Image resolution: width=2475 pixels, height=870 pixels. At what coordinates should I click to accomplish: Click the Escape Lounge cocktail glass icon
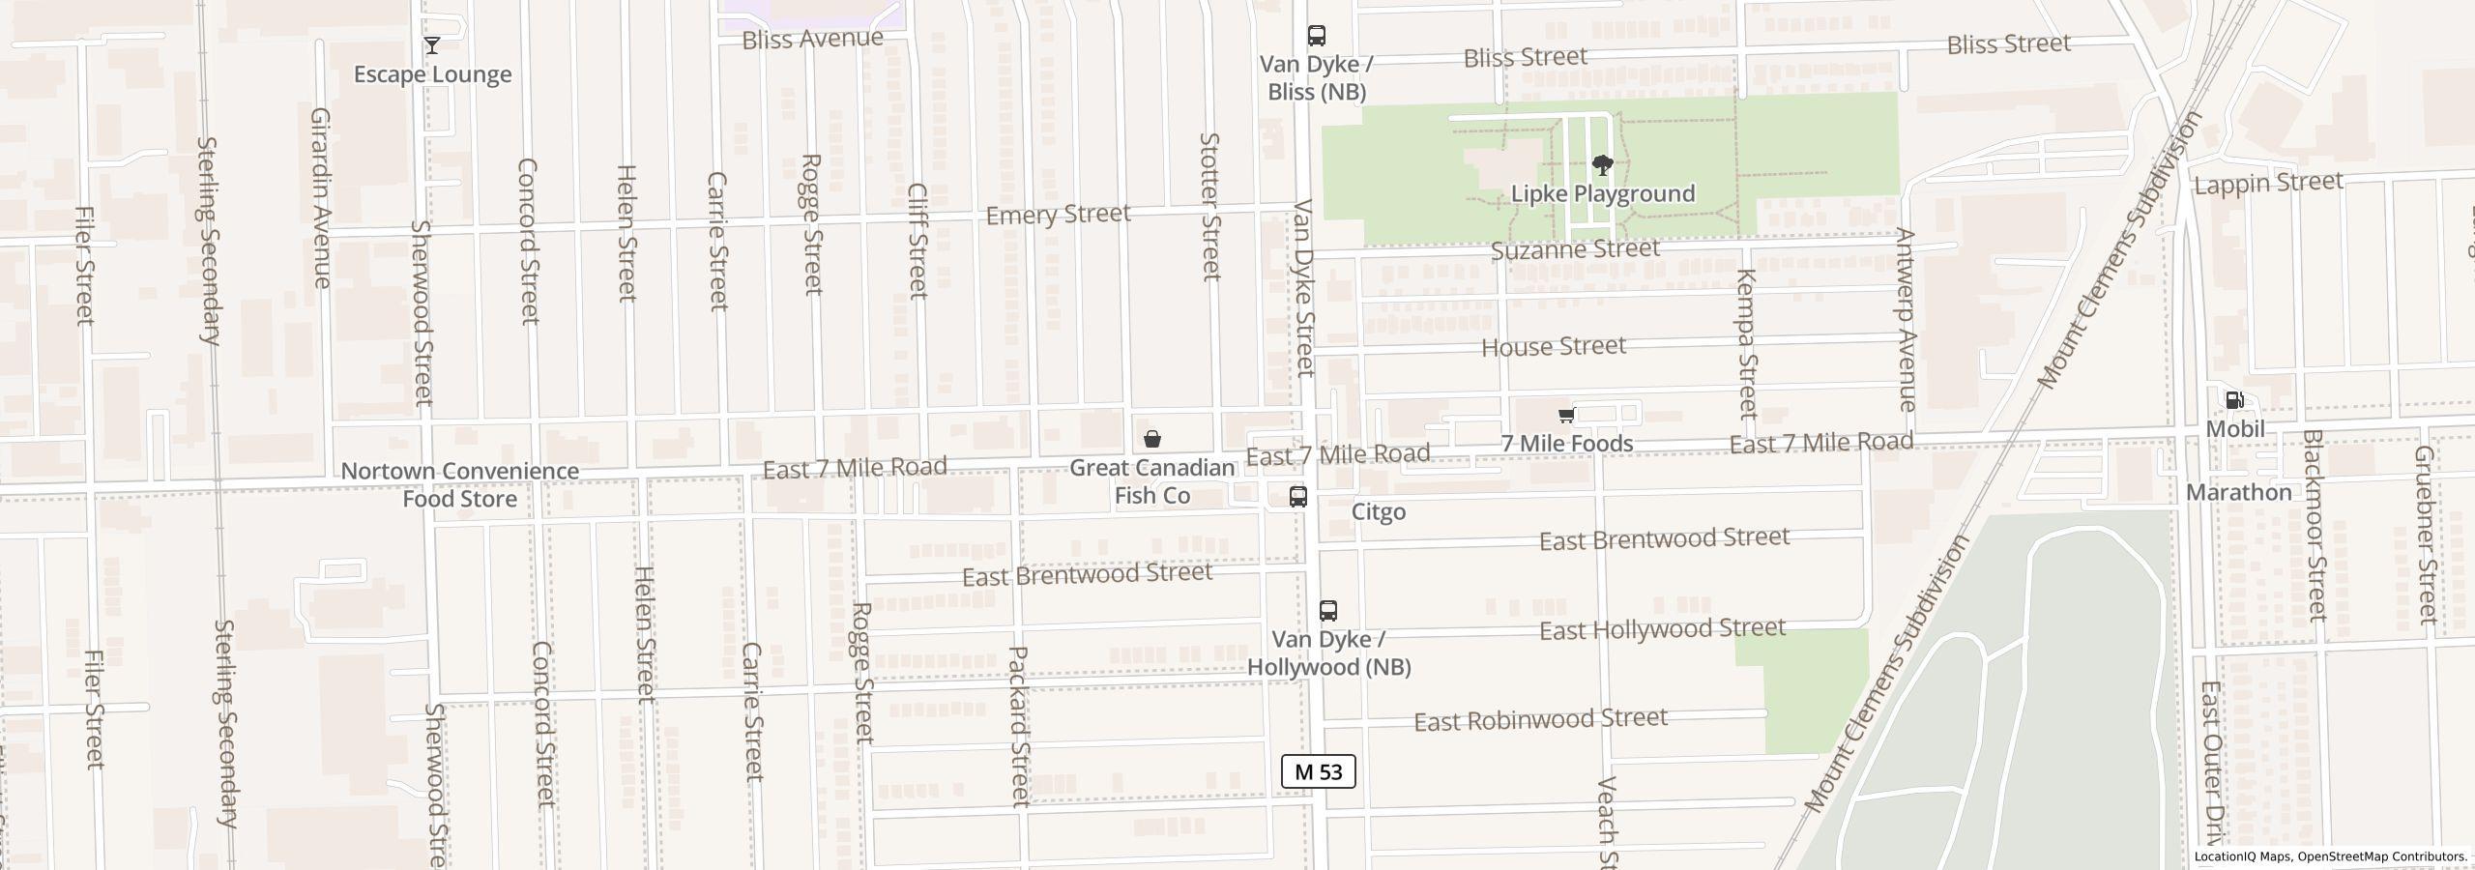coord(432,45)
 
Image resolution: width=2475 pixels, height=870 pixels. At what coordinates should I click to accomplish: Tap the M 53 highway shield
coord(1318,771)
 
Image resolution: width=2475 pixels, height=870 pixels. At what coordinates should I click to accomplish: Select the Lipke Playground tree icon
coord(1602,165)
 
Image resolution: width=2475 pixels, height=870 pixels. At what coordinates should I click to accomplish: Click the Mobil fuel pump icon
coord(2234,400)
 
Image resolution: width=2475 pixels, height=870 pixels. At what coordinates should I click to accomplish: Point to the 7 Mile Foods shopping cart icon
coord(1566,416)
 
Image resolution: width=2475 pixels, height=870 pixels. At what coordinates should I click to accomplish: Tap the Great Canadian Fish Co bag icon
coord(1151,440)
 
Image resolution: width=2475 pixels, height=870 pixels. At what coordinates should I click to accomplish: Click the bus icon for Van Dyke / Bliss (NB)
coord(1316,36)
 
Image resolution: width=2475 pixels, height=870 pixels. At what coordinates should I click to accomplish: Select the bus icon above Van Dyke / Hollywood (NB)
coord(1327,611)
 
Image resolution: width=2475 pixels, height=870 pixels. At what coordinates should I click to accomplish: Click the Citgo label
coord(1378,511)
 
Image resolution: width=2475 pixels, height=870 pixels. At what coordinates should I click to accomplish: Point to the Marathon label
coord(2238,492)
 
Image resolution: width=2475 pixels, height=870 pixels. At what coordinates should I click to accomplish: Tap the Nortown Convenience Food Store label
coord(460,484)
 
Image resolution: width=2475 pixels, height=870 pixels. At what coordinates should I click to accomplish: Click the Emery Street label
coord(1058,214)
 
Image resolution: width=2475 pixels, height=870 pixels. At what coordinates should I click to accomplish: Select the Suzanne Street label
coord(1575,249)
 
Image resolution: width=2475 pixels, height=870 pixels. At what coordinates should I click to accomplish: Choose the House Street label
coord(1553,346)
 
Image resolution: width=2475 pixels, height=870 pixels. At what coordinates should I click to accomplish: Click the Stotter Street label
coord(1209,206)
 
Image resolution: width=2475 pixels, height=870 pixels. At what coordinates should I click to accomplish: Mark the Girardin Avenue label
coord(321,197)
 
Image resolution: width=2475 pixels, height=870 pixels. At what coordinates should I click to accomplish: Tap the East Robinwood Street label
coord(1540,719)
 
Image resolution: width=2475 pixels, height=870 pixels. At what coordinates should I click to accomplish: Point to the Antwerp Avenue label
coord(1906,319)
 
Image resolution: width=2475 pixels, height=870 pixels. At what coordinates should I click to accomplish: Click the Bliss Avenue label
coord(812,39)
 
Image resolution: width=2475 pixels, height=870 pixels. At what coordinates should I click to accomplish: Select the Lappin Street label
coord(2268,182)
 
